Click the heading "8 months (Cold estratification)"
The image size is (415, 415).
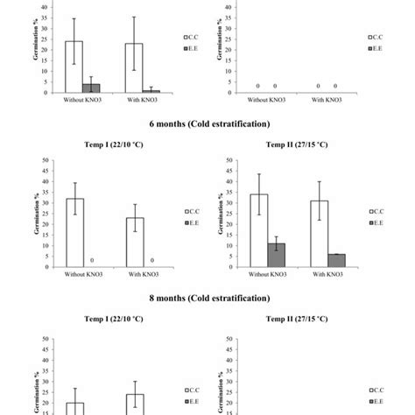click(207, 298)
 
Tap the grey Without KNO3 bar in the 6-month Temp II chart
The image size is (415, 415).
click(275, 255)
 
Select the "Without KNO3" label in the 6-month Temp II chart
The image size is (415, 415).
click(267, 276)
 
